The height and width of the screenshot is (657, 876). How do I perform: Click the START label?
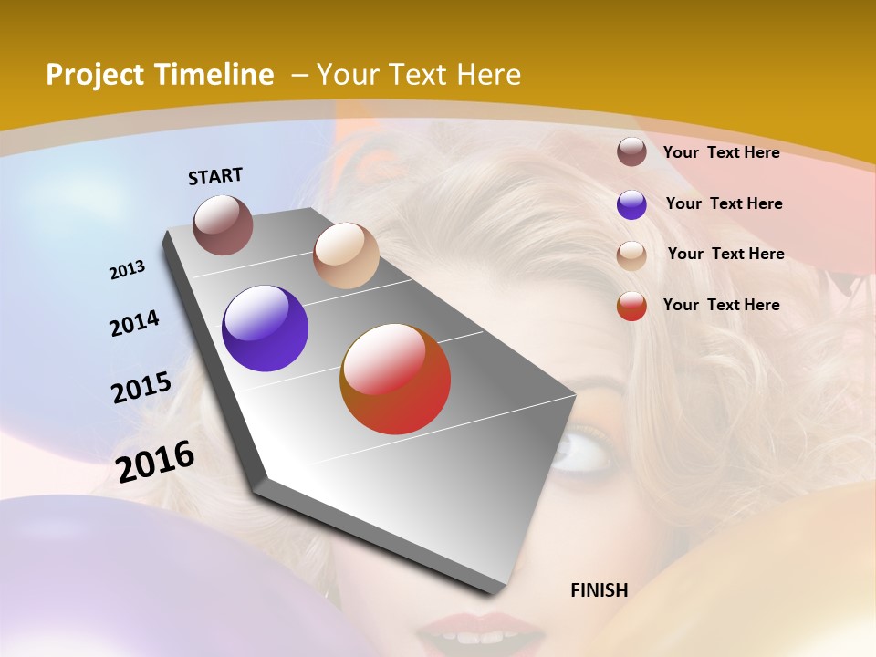pos(215,175)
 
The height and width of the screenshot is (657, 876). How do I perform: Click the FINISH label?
pos(599,590)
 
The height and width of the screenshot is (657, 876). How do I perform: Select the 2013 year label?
pos(127,270)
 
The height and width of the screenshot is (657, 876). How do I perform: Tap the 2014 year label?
pos(134,323)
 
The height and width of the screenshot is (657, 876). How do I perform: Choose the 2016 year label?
pos(155,461)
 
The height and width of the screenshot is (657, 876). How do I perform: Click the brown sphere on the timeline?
pos(223,224)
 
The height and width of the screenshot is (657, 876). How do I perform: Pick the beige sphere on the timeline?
pos(346,255)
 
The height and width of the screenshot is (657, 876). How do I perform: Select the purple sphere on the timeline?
pos(265,328)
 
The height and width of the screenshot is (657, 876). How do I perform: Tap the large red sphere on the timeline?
pos(395,379)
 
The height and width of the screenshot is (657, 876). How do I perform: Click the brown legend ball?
pos(631,152)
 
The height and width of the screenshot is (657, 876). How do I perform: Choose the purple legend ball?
pos(631,204)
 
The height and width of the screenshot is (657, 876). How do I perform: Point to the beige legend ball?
pos(631,255)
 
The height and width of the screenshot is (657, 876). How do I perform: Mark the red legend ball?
pos(631,306)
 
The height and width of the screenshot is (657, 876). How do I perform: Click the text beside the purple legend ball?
pos(724,203)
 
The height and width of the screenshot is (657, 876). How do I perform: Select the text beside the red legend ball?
pos(721,305)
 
